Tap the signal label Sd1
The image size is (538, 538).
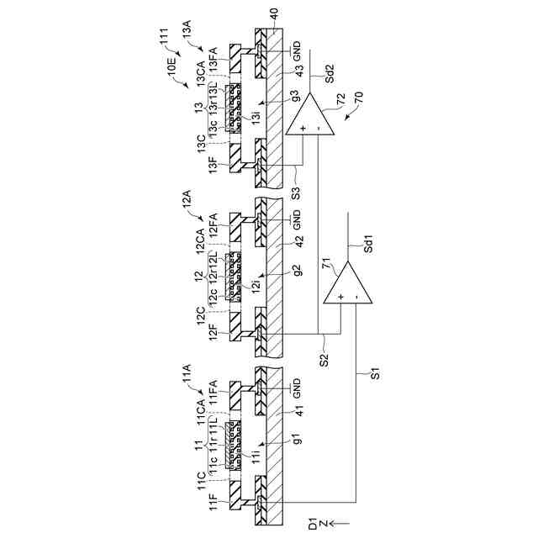click(x=367, y=245)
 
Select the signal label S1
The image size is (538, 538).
click(x=375, y=371)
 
